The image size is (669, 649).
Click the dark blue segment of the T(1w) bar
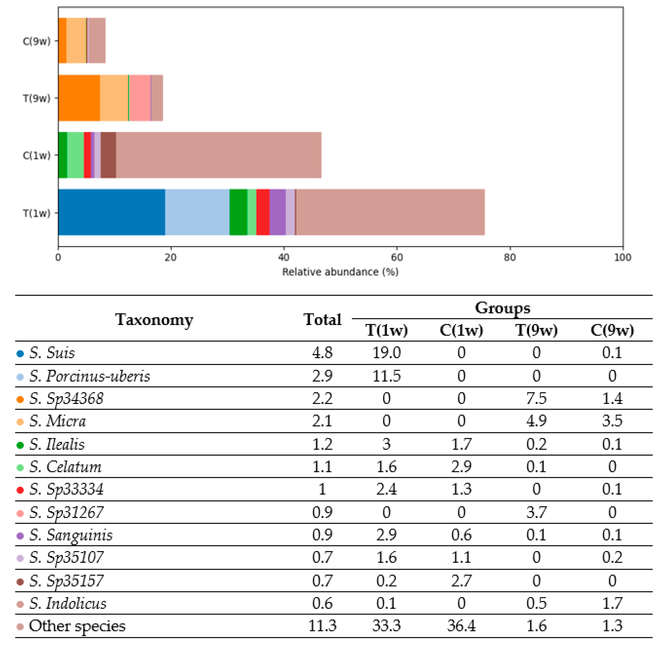(112, 212)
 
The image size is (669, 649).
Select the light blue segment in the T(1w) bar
(197, 212)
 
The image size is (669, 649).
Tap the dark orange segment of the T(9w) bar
(79, 98)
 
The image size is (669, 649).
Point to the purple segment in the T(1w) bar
(278, 212)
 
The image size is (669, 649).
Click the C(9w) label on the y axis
(36, 41)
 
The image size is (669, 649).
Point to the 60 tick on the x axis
(397, 257)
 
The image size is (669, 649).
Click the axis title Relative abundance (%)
(340, 272)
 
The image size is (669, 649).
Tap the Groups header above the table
(502, 308)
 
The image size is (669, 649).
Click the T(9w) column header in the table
(536, 330)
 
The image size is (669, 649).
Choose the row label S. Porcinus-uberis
(89, 376)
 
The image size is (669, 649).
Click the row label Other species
(77, 626)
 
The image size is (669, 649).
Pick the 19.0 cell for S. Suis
(386, 353)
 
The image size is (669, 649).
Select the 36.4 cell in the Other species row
(461, 626)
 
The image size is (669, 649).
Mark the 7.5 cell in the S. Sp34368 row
(536, 399)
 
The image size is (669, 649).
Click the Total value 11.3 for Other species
(322, 626)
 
